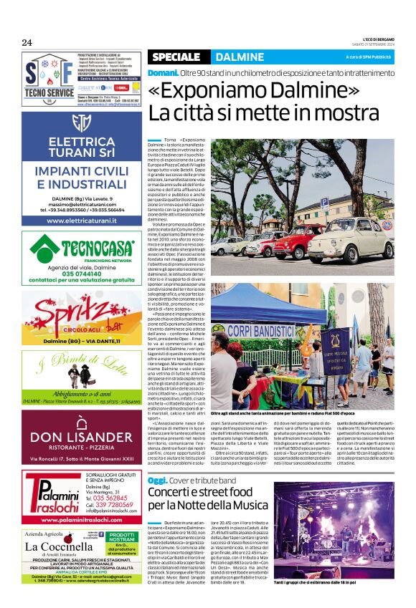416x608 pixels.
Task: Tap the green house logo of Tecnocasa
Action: pos(44,248)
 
